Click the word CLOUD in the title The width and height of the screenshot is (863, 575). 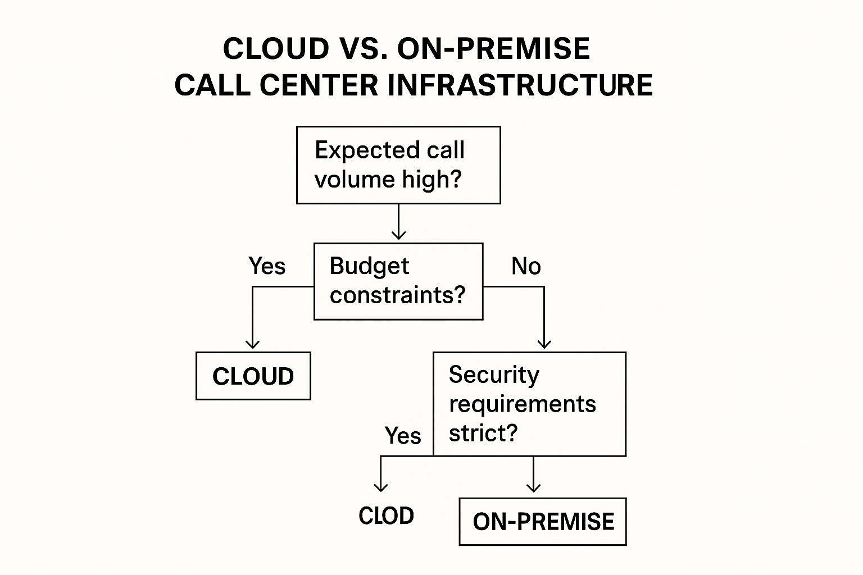[x=276, y=48]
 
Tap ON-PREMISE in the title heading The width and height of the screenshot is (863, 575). [x=493, y=48]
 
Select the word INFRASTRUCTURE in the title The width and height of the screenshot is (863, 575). [x=520, y=85]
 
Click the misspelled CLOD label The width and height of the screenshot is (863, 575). [x=386, y=515]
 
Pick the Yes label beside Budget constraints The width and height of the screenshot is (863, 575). [x=267, y=266]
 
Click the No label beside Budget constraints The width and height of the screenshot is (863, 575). [x=526, y=266]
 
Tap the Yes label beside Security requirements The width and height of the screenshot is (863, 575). [x=403, y=436]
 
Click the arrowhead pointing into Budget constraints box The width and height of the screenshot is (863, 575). [x=398, y=235]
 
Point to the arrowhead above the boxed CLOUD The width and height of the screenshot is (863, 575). [x=252, y=344]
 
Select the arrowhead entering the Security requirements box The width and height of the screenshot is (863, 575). [x=544, y=344]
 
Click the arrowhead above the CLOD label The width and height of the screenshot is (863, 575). [x=380, y=487]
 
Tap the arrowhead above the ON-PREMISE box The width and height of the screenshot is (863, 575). [x=533, y=487]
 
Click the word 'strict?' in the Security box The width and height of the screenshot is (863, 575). [x=483, y=433]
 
